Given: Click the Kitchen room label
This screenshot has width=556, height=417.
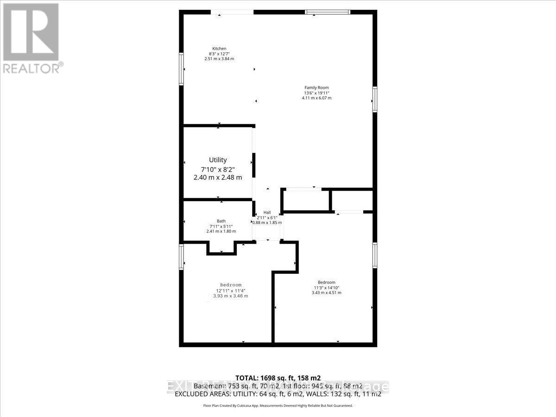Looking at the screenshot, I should [219, 49].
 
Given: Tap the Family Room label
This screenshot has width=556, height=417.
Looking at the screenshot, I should [316, 88].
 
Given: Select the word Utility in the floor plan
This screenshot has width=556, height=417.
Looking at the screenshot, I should [218, 160].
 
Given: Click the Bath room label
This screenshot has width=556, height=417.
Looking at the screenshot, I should [221, 221].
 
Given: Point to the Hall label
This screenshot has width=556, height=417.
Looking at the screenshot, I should [267, 212].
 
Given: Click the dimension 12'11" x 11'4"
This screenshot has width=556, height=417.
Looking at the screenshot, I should [230, 291].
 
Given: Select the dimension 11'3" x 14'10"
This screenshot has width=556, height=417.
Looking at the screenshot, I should [326, 288].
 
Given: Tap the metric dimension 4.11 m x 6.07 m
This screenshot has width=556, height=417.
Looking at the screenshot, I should [317, 98].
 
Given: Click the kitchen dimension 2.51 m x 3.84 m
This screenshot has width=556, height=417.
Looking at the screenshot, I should [219, 59].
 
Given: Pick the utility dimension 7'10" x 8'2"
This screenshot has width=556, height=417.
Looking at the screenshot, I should [218, 169].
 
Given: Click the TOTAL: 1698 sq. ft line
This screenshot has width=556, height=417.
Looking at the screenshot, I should [278, 378].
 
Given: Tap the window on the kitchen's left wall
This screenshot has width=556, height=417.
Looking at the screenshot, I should [182, 69].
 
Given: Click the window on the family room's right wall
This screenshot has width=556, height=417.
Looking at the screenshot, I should [375, 99].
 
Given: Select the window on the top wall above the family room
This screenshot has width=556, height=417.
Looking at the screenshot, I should [327, 12].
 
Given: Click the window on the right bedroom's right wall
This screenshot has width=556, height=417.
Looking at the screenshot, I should [375, 255].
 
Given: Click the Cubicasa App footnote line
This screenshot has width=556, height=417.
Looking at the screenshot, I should [278, 405].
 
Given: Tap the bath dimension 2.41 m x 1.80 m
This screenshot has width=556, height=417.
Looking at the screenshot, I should [221, 231].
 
